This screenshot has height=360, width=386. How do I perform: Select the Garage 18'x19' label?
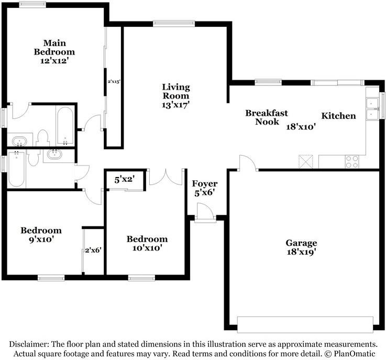pos(301,247)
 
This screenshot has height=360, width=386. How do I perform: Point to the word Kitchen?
pos(338,116)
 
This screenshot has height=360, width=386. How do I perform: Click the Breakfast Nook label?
pos(267,117)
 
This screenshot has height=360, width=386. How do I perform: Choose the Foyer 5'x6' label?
pos(205,188)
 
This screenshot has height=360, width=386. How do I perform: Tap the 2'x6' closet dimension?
pos(93,250)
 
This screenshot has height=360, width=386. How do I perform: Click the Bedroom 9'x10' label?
pos(41,234)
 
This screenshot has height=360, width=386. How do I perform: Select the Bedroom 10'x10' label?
pos(147,243)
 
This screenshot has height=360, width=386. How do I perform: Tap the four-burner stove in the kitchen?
pos(351,162)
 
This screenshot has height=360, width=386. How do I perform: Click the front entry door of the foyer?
pos(203,213)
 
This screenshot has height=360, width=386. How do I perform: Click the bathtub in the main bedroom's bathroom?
pos(65,126)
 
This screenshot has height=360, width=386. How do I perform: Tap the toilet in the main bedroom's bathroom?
pos(43,138)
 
